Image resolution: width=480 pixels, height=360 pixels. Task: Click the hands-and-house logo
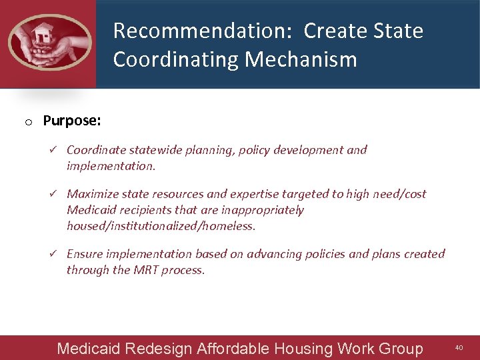click(49, 42)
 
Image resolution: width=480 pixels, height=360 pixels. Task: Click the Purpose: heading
click(72, 121)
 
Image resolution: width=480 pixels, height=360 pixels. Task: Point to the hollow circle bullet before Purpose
click(28, 122)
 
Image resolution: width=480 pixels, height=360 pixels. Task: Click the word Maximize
click(92, 194)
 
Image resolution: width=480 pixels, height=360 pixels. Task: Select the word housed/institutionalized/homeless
click(161, 226)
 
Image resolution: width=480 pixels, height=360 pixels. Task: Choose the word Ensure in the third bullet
click(84, 254)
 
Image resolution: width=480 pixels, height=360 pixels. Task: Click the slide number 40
click(459, 347)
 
